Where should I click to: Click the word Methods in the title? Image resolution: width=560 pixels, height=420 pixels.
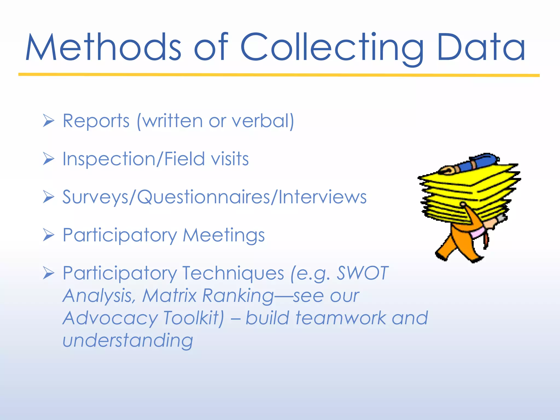pos(103,47)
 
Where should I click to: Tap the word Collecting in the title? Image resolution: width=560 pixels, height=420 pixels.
pos(331,47)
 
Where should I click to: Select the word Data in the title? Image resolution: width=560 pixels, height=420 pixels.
pos(481,47)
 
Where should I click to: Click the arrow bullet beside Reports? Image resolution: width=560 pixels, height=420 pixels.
pos(49,121)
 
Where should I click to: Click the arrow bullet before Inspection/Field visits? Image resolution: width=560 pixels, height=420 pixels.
pos(49,159)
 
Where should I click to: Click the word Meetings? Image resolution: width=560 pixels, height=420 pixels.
pos(224,235)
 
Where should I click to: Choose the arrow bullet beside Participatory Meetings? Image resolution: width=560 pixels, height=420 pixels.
pos(49,235)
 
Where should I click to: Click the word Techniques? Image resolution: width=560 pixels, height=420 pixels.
pos(233,273)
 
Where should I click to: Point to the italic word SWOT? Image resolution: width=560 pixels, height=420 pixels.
pos(362,273)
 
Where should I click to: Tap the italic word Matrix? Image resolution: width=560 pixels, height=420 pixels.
pos(170,296)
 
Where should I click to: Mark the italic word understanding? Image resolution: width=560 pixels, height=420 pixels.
pos(128,341)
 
